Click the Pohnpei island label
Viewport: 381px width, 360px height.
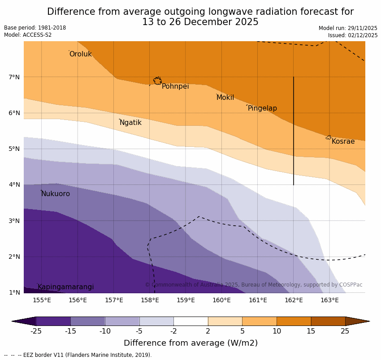175,86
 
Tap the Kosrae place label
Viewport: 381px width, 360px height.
343,141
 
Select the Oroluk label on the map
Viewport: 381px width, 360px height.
80,54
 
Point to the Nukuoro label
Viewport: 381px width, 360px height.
56,194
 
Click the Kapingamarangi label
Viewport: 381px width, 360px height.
65,287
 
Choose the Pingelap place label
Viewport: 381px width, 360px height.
262,108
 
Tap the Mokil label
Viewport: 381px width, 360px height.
225,98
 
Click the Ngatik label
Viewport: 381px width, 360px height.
130,123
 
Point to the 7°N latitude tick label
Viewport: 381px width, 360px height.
14,77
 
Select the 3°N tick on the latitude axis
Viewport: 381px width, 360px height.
14,221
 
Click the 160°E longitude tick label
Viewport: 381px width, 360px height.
221,300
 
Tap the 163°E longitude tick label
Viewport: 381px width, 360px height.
329,300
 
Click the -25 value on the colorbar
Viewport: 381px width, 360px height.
36,331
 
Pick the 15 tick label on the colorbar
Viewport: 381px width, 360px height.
311,331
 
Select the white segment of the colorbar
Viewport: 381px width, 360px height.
190,321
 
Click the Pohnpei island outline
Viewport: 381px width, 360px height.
157,81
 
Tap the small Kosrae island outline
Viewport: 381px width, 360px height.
329,137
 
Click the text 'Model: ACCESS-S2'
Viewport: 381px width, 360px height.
28,35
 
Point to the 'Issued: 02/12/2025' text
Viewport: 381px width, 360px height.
352,35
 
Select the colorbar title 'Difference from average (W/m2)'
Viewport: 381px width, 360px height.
190,343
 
